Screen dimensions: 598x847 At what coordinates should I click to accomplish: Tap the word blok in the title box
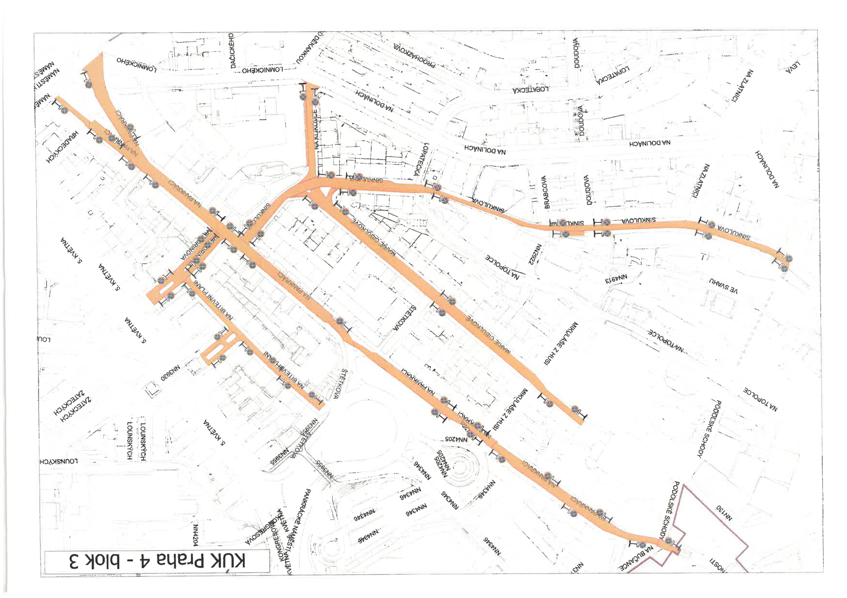click(x=104, y=561)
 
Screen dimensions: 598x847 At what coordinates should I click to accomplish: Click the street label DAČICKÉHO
click(x=232, y=50)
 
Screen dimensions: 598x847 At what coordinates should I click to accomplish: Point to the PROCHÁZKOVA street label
click(x=414, y=54)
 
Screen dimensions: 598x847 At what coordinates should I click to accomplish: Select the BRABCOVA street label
click(x=546, y=192)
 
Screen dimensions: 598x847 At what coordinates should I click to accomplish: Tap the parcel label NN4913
click(x=616, y=279)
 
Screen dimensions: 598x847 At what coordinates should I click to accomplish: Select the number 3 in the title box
click(x=75, y=561)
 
